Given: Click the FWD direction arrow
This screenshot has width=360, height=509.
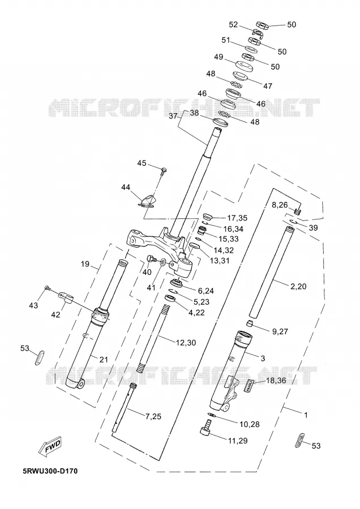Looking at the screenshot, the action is point(50,446).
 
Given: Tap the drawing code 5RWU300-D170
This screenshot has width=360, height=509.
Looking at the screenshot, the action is point(50,471).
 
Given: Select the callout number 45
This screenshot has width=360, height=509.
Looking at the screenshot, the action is point(142,163).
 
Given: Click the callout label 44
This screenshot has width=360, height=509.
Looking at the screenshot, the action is point(126,187).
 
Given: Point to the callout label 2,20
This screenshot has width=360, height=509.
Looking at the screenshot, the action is point(298,286).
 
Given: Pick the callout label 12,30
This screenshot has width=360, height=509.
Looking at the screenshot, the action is point(186,343).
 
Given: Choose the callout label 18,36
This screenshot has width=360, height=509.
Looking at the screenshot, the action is point(276,381).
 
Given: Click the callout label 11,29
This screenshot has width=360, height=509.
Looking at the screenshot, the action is point(238,441).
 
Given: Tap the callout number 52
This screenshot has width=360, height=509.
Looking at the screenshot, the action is point(233,25).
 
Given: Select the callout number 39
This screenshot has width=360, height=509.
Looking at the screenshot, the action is point(313,228).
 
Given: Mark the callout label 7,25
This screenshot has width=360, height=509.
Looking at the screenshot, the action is point(153,416).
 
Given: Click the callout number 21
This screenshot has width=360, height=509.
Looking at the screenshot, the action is point(104,359).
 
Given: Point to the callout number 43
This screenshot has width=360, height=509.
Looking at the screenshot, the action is point(33,305).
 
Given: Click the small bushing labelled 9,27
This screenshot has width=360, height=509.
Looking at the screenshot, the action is point(249,323).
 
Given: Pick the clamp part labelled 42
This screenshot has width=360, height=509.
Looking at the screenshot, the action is point(66,297).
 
